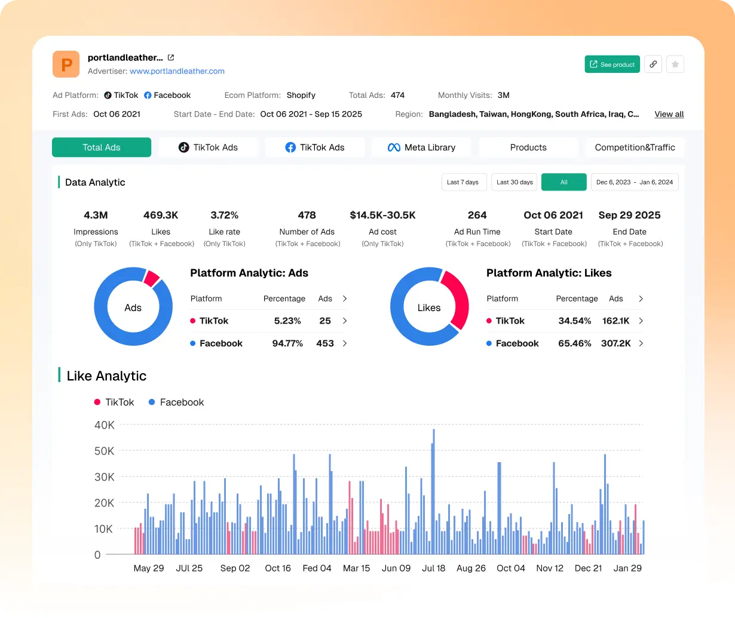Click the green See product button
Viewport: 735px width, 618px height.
tap(612, 64)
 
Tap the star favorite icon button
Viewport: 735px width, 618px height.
tap(675, 64)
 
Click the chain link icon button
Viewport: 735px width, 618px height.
tap(653, 64)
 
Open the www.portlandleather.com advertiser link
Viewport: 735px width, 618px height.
tap(177, 71)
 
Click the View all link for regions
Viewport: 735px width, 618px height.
tap(669, 114)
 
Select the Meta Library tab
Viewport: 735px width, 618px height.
tap(421, 147)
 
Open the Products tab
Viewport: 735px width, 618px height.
tap(528, 147)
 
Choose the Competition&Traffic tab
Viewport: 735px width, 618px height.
tap(635, 147)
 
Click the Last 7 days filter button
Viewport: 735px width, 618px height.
tap(463, 182)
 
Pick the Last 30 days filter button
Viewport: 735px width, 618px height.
tap(514, 182)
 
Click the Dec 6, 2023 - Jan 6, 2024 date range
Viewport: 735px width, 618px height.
tap(634, 182)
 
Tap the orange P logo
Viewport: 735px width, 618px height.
tap(66, 64)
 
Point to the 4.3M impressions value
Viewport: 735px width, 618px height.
tap(96, 215)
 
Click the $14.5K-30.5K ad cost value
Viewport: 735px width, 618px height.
tap(382, 215)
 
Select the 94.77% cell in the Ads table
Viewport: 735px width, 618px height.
tap(287, 343)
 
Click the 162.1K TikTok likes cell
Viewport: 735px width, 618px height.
tap(615, 321)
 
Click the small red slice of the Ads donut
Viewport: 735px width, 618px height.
tap(151, 278)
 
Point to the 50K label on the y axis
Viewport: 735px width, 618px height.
tap(105, 451)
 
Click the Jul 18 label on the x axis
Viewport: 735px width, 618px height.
tap(433, 568)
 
